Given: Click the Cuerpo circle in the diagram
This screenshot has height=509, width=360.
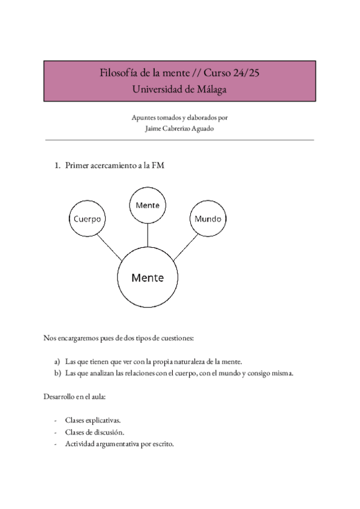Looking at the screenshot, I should pos(87,219).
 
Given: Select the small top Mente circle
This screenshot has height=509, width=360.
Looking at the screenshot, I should pos(148,205).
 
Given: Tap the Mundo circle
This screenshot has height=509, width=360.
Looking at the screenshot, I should pos(208,218).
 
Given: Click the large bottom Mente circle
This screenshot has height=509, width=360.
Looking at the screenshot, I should pos(148,278).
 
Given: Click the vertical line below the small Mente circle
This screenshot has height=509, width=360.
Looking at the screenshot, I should pos(148,234).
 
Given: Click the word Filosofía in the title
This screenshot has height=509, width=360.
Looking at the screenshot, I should pos(117,74).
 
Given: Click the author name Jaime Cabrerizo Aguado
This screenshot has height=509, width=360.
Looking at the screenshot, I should pos(179,127).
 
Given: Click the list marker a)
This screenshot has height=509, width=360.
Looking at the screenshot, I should pos(57,362).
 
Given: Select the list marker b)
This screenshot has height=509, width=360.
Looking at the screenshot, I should pos(57,373).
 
